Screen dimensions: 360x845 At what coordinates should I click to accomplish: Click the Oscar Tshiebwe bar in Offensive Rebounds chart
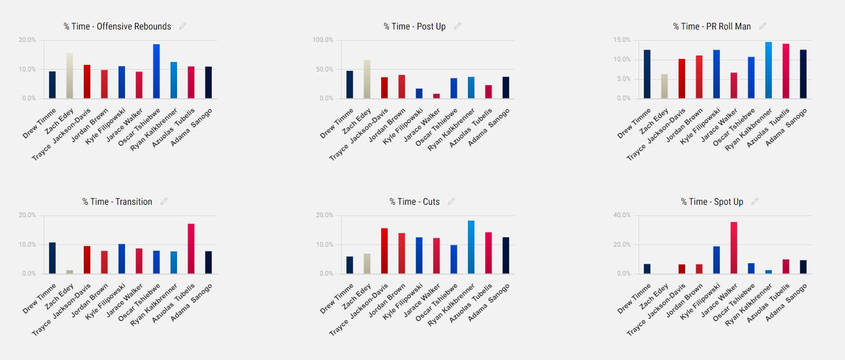click(x=156, y=71)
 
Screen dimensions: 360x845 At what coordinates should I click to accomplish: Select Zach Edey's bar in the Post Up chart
click(x=367, y=79)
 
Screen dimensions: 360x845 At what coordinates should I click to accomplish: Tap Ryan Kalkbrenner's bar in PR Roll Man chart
click(x=768, y=70)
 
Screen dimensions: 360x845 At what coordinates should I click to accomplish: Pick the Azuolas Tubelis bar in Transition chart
click(x=191, y=248)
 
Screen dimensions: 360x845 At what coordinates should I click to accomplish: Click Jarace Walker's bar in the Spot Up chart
click(x=733, y=247)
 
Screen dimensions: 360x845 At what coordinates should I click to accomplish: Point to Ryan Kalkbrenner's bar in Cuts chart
click(x=471, y=247)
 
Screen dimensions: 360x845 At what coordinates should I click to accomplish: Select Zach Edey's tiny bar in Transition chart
click(x=70, y=272)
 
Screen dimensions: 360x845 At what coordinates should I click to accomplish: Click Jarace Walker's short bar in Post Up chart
click(x=436, y=96)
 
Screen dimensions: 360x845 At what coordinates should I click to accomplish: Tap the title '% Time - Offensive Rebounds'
click(x=117, y=27)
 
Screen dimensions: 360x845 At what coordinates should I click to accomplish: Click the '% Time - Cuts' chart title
click(x=414, y=202)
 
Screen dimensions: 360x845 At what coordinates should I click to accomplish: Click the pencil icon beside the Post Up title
click(x=457, y=26)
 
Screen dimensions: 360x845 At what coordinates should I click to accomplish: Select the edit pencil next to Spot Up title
click(x=755, y=201)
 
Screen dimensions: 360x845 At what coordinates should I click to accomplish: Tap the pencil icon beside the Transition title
click(x=164, y=201)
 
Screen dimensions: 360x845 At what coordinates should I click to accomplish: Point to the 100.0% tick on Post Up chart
click(x=323, y=40)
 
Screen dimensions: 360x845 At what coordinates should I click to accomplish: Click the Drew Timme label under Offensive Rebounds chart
click(x=40, y=123)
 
